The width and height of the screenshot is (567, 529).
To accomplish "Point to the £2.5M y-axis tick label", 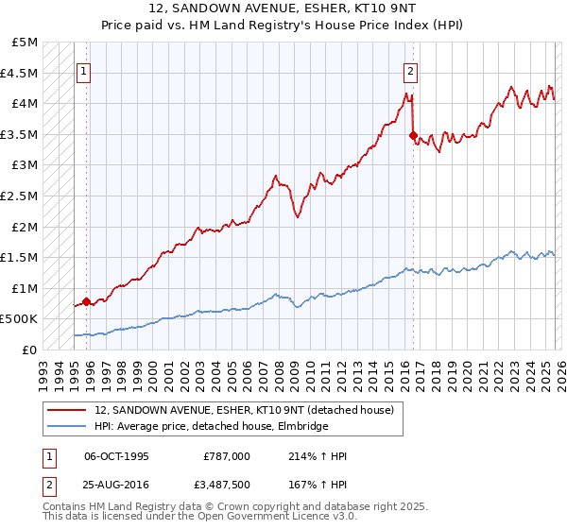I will tap(20, 196).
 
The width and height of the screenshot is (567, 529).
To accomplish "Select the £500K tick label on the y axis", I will tap(20, 319).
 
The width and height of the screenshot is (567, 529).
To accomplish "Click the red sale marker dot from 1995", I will tap(86, 301).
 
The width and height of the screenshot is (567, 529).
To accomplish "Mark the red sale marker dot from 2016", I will tap(413, 135).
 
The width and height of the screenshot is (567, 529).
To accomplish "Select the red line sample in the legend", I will tap(66, 410).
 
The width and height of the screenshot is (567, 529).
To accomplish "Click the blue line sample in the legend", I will tap(66, 427).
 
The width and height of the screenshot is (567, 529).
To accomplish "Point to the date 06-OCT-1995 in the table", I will tap(116, 456).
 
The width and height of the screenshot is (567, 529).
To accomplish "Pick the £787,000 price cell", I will tap(227, 456).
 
